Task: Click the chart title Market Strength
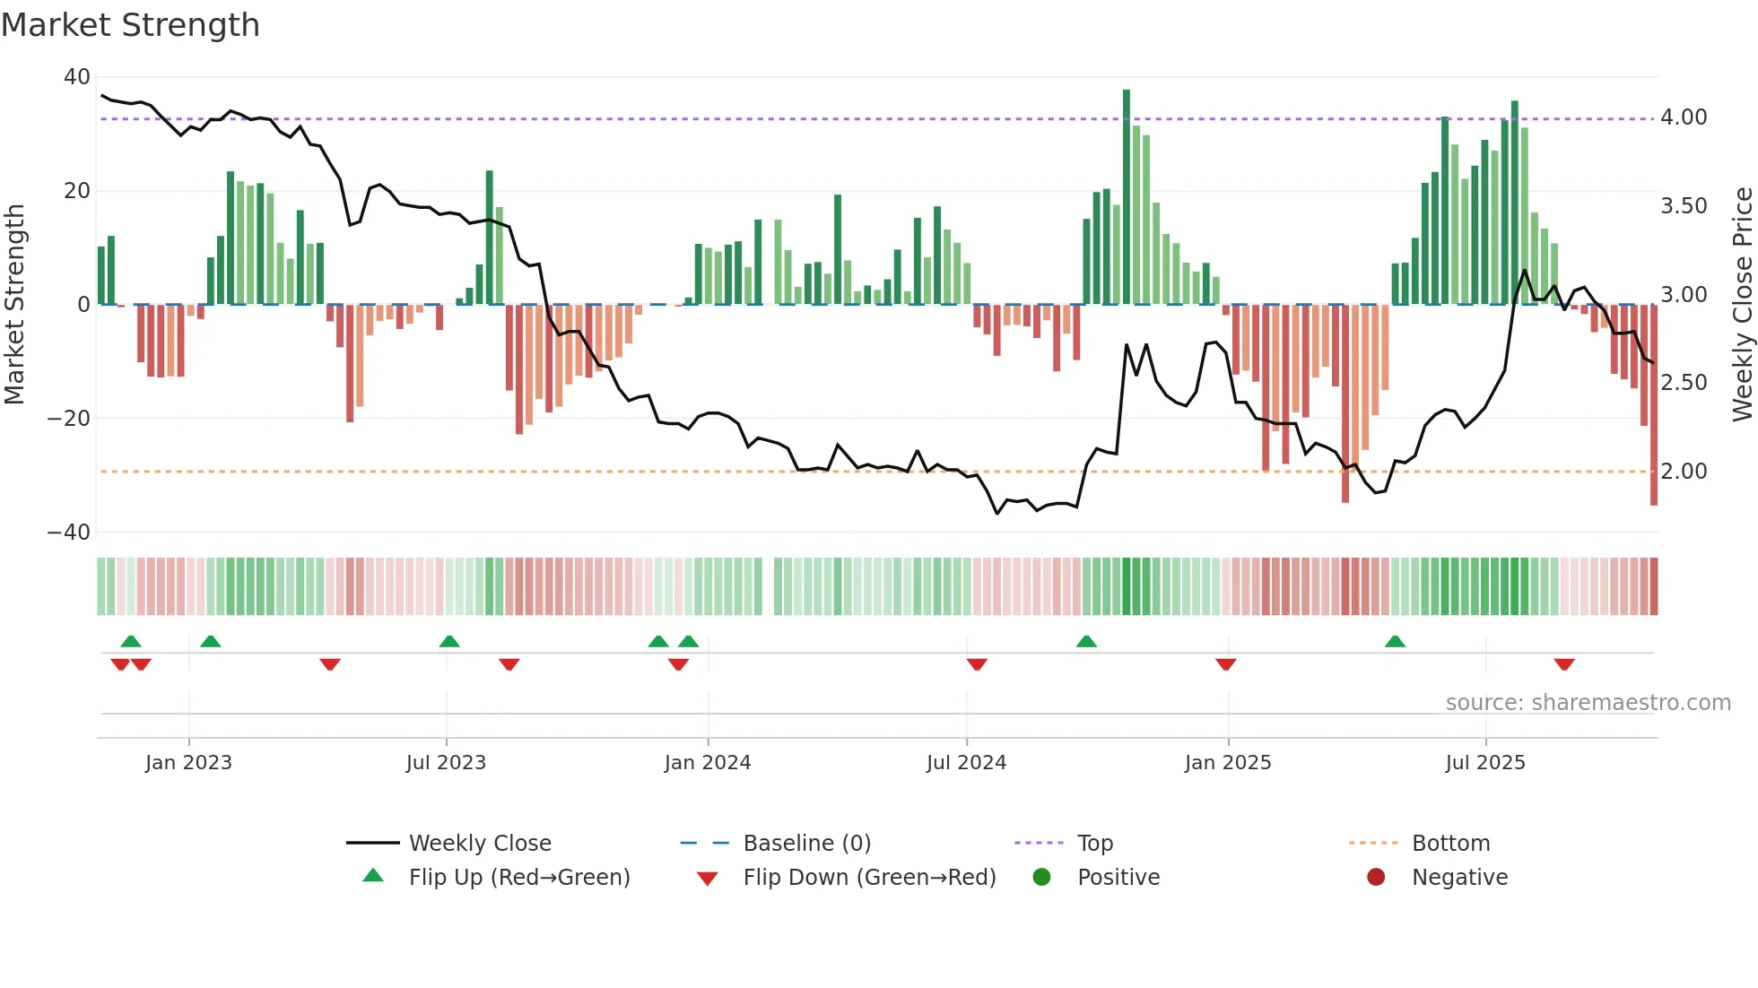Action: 130,25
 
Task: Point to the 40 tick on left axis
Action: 77,77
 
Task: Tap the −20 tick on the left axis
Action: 70,419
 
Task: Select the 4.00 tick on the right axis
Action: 1684,117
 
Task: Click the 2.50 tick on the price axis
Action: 1684,383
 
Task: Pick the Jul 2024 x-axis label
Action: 966,763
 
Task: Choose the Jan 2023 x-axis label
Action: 188,763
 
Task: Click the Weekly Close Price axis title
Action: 1742,305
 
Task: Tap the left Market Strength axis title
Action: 14,305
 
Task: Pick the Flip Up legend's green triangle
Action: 373,876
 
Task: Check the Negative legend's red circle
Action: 1376,878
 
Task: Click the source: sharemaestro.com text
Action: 1588,703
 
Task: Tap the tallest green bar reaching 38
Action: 1127,197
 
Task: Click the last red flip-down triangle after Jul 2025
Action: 1564,664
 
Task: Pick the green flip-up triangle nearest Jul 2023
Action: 449,641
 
